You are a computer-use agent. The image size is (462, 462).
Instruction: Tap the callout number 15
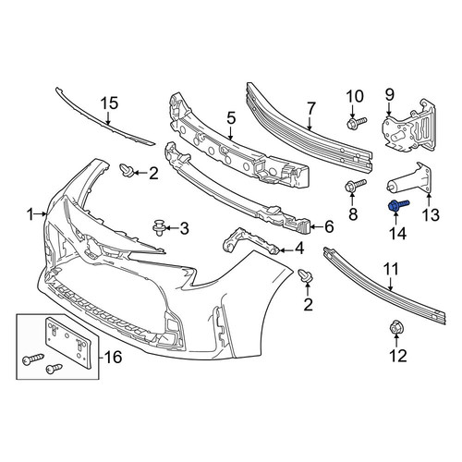[110, 103]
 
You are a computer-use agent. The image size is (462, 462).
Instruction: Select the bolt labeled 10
[357, 122]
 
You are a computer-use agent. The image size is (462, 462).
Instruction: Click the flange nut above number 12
[396, 328]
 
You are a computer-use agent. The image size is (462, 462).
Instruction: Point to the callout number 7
[310, 109]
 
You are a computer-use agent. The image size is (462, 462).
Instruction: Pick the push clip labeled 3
[160, 227]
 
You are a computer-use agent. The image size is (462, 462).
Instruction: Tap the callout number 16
[114, 358]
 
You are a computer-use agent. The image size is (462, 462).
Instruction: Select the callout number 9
[390, 94]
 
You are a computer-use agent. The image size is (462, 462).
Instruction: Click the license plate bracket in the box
[68, 342]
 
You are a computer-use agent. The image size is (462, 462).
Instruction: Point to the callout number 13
[431, 214]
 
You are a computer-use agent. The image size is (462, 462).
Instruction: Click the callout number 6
[329, 227]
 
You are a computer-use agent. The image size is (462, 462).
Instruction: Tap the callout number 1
[30, 214]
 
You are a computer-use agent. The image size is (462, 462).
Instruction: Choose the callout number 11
[392, 269]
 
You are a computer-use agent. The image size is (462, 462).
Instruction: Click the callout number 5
[231, 118]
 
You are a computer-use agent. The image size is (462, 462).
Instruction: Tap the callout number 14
[397, 233]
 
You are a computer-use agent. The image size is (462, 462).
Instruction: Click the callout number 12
[398, 356]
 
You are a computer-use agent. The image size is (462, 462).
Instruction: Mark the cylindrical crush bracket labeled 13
[409, 180]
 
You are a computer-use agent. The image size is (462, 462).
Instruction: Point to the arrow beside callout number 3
[172, 228]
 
